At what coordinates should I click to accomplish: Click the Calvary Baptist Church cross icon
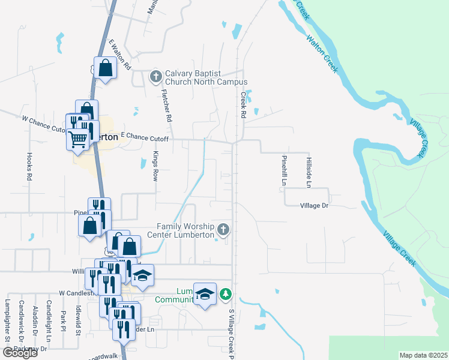[155, 76]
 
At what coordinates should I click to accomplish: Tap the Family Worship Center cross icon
[223, 229]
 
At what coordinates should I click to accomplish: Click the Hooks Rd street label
[29, 166]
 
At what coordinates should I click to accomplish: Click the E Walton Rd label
[119, 55]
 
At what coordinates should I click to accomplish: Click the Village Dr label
[315, 205]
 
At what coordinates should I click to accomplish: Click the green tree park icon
[225, 293]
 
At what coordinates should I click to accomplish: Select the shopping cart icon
[78, 139]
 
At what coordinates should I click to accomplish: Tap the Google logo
[20, 353]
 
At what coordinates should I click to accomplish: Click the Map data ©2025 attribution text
[423, 355]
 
